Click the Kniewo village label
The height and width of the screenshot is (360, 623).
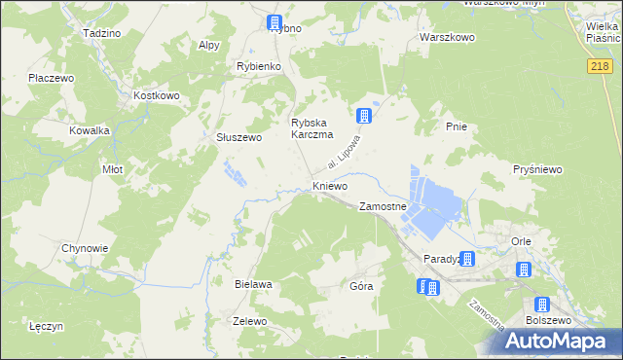329,185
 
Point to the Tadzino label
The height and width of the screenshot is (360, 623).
102,32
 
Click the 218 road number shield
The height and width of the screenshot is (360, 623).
600,65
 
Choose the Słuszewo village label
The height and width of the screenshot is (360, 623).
238,137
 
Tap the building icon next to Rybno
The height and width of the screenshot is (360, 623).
275,22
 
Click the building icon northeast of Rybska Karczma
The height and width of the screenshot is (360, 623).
364,116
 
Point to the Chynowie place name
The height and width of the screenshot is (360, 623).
85,248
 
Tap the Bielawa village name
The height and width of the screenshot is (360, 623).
253,284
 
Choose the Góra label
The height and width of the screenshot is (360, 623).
361,287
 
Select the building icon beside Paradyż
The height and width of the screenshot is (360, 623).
468,259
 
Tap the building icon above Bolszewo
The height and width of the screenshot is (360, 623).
542,304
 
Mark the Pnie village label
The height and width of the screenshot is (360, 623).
456,126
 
